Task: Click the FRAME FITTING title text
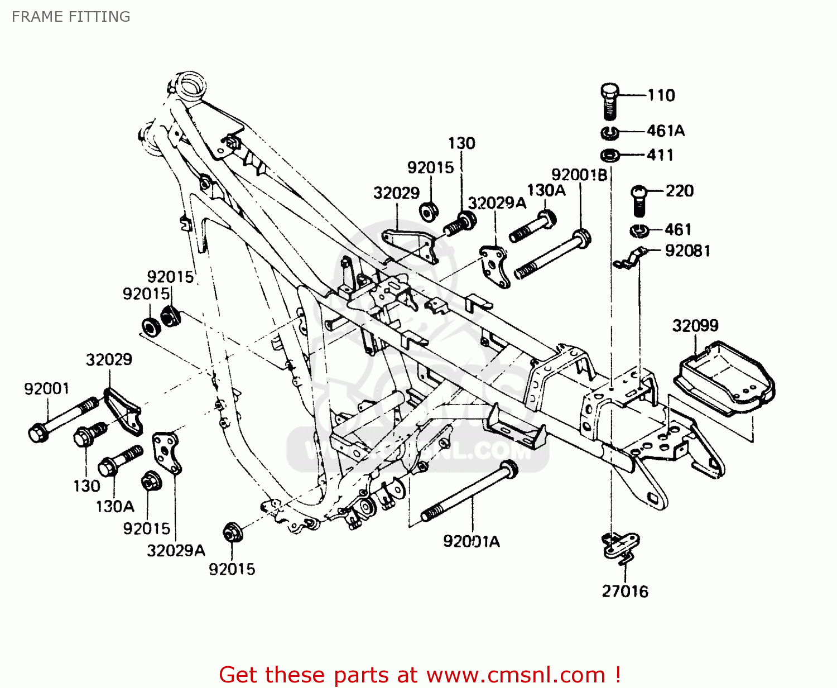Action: pos(71,17)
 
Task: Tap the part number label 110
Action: pos(661,95)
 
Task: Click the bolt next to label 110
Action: pos(610,101)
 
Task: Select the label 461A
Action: pos(666,131)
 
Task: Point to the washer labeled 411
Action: pos(610,155)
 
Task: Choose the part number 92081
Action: pos(687,251)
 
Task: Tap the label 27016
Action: pos(625,591)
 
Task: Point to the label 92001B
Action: pos(579,175)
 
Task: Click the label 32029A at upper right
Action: pos(497,203)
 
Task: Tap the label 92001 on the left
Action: pos(47,388)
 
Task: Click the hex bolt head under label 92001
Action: pos(37,433)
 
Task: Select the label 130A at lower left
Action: pos(115,506)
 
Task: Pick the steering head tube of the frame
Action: pos(190,86)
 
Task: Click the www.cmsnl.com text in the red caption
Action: pos(516,675)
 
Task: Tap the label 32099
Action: pos(695,325)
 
